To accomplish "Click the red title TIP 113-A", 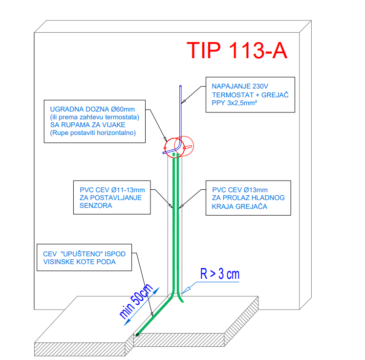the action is [x=237, y=50].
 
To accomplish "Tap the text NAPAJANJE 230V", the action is [x=240, y=86].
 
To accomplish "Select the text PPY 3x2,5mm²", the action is [x=235, y=103].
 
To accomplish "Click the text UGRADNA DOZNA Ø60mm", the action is [x=92, y=109].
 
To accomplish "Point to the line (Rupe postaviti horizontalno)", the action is [x=93, y=133].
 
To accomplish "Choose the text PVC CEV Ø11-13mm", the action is [x=112, y=190].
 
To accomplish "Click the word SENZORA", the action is [x=96, y=205].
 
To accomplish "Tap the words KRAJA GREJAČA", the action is [x=239, y=206].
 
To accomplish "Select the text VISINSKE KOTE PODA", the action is [x=79, y=262].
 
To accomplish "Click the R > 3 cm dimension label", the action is [x=220, y=274].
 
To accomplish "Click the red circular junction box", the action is [x=179, y=147].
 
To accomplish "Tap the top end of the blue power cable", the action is [x=180, y=86].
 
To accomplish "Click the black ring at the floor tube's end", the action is [x=137, y=335].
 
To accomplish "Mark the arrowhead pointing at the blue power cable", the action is [x=183, y=101].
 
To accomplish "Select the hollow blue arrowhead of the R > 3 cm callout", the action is [x=186, y=291].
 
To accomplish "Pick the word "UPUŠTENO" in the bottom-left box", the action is [x=82, y=254].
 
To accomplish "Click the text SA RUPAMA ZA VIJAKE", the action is [x=88, y=125].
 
